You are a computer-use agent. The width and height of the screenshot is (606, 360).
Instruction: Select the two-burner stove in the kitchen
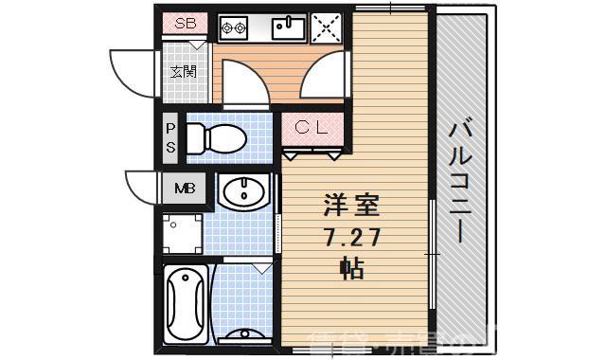click(x=233, y=29)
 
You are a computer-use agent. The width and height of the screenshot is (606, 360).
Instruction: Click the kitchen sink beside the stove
click(x=289, y=29)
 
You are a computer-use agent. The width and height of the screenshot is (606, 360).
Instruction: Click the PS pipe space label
click(x=170, y=137)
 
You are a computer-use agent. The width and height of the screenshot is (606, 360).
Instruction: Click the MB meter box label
click(x=184, y=188)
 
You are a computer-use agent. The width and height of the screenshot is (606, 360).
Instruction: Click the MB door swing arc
click(x=142, y=188)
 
